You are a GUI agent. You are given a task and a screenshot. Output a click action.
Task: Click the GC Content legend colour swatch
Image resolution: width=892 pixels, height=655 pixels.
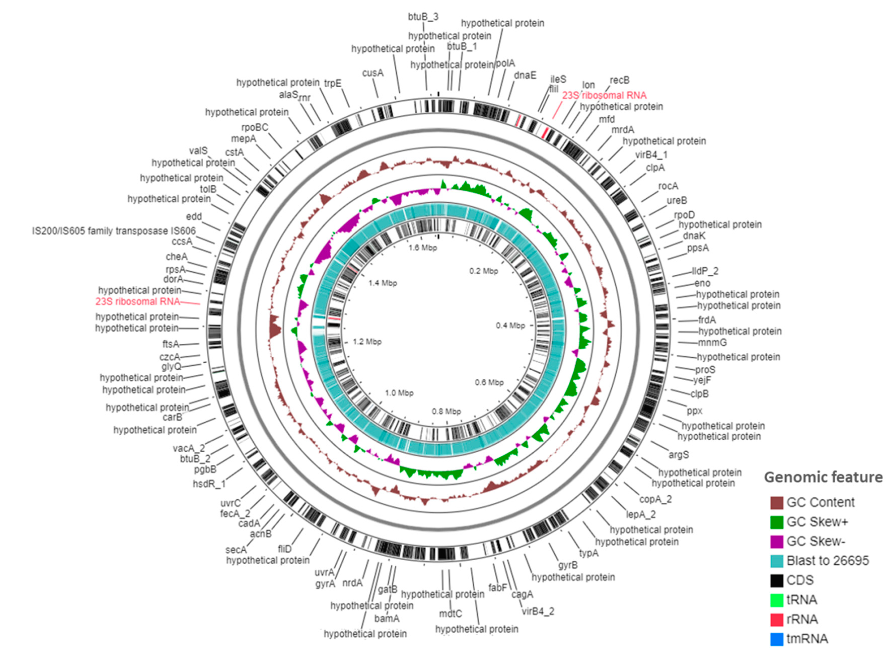click(776, 502)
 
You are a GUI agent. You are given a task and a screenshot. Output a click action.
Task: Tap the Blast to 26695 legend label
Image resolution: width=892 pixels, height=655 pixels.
click(827, 561)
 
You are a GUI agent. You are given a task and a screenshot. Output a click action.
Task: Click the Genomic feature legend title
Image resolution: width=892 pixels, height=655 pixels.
click(823, 477)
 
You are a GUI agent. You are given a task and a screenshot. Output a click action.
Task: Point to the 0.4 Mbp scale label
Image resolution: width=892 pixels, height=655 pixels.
click(510, 325)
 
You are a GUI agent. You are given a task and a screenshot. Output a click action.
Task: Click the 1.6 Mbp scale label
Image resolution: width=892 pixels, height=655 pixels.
click(423, 248)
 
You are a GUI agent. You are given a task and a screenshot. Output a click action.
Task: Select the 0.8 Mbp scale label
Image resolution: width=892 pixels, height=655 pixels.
click(447, 412)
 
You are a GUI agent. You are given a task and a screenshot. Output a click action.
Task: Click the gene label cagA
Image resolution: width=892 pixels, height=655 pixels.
click(522, 594)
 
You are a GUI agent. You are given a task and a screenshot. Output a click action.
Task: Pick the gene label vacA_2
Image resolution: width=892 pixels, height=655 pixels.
click(189, 448)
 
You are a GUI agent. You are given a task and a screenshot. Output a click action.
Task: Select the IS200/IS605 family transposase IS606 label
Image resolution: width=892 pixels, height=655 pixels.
click(114, 231)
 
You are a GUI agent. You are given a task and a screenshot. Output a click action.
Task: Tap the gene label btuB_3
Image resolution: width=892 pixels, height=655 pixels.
click(423, 17)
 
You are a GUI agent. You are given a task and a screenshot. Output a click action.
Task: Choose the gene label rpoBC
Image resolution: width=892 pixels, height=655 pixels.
click(254, 127)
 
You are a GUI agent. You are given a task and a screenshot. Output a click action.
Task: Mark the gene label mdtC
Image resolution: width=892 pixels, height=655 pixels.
click(450, 613)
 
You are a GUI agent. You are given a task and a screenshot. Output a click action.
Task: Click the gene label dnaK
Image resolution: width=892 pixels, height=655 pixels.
click(694, 236)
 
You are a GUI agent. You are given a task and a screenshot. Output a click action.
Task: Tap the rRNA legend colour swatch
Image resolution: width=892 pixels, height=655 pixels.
click(776, 619)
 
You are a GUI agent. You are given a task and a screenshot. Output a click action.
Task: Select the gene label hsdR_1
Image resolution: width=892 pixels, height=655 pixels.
click(209, 484)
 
